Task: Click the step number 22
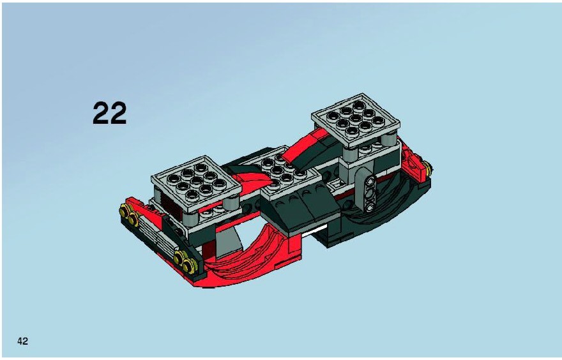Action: pyautogui.click(x=110, y=113)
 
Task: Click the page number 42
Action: pyautogui.click(x=22, y=341)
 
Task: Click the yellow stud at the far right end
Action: pyautogui.click(x=427, y=166)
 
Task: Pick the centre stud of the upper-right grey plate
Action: pyautogui.click(x=355, y=119)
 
